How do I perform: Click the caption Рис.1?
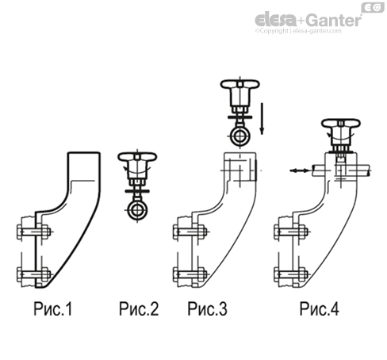(x=53, y=308)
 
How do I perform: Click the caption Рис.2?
(x=139, y=308)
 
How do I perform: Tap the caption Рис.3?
(x=207, y=308)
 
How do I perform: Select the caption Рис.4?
(x=320, y=308)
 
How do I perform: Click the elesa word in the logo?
(x=276, y=20)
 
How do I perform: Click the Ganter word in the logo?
(x=334, y=20)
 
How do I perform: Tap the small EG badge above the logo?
(x=373, y=8)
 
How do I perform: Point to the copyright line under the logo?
(x=298, y=31)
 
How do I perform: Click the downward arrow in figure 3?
(x=262, y=119)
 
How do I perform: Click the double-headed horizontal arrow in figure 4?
(x=299, y=170)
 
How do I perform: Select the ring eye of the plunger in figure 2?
(x=137, y=210)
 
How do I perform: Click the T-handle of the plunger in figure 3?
(x=240, y=85)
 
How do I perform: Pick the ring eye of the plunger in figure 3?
(x=240, y=137)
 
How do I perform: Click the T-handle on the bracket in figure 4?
(x=341, y=124)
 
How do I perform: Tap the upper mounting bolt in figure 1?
(x=34, y=232)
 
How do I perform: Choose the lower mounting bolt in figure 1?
(x=34, y=274)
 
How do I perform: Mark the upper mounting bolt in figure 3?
(x=190, y=232)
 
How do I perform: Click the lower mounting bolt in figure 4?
(x=291, y=274)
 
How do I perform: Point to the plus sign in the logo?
(x=302, y=21)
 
